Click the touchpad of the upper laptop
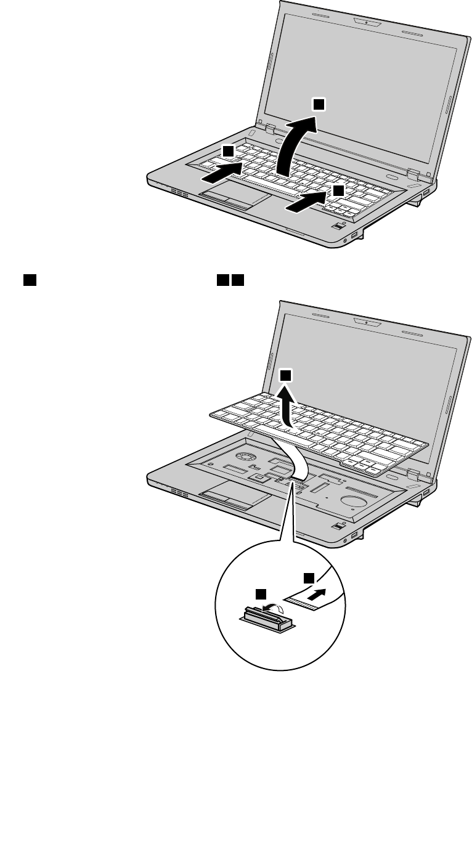tap(234, 198)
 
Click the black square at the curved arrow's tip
tap(317, 105)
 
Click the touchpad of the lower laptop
tap(234, 498)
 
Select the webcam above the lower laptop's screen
tap(366, 322)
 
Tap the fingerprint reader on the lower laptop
tap(337, 526)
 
